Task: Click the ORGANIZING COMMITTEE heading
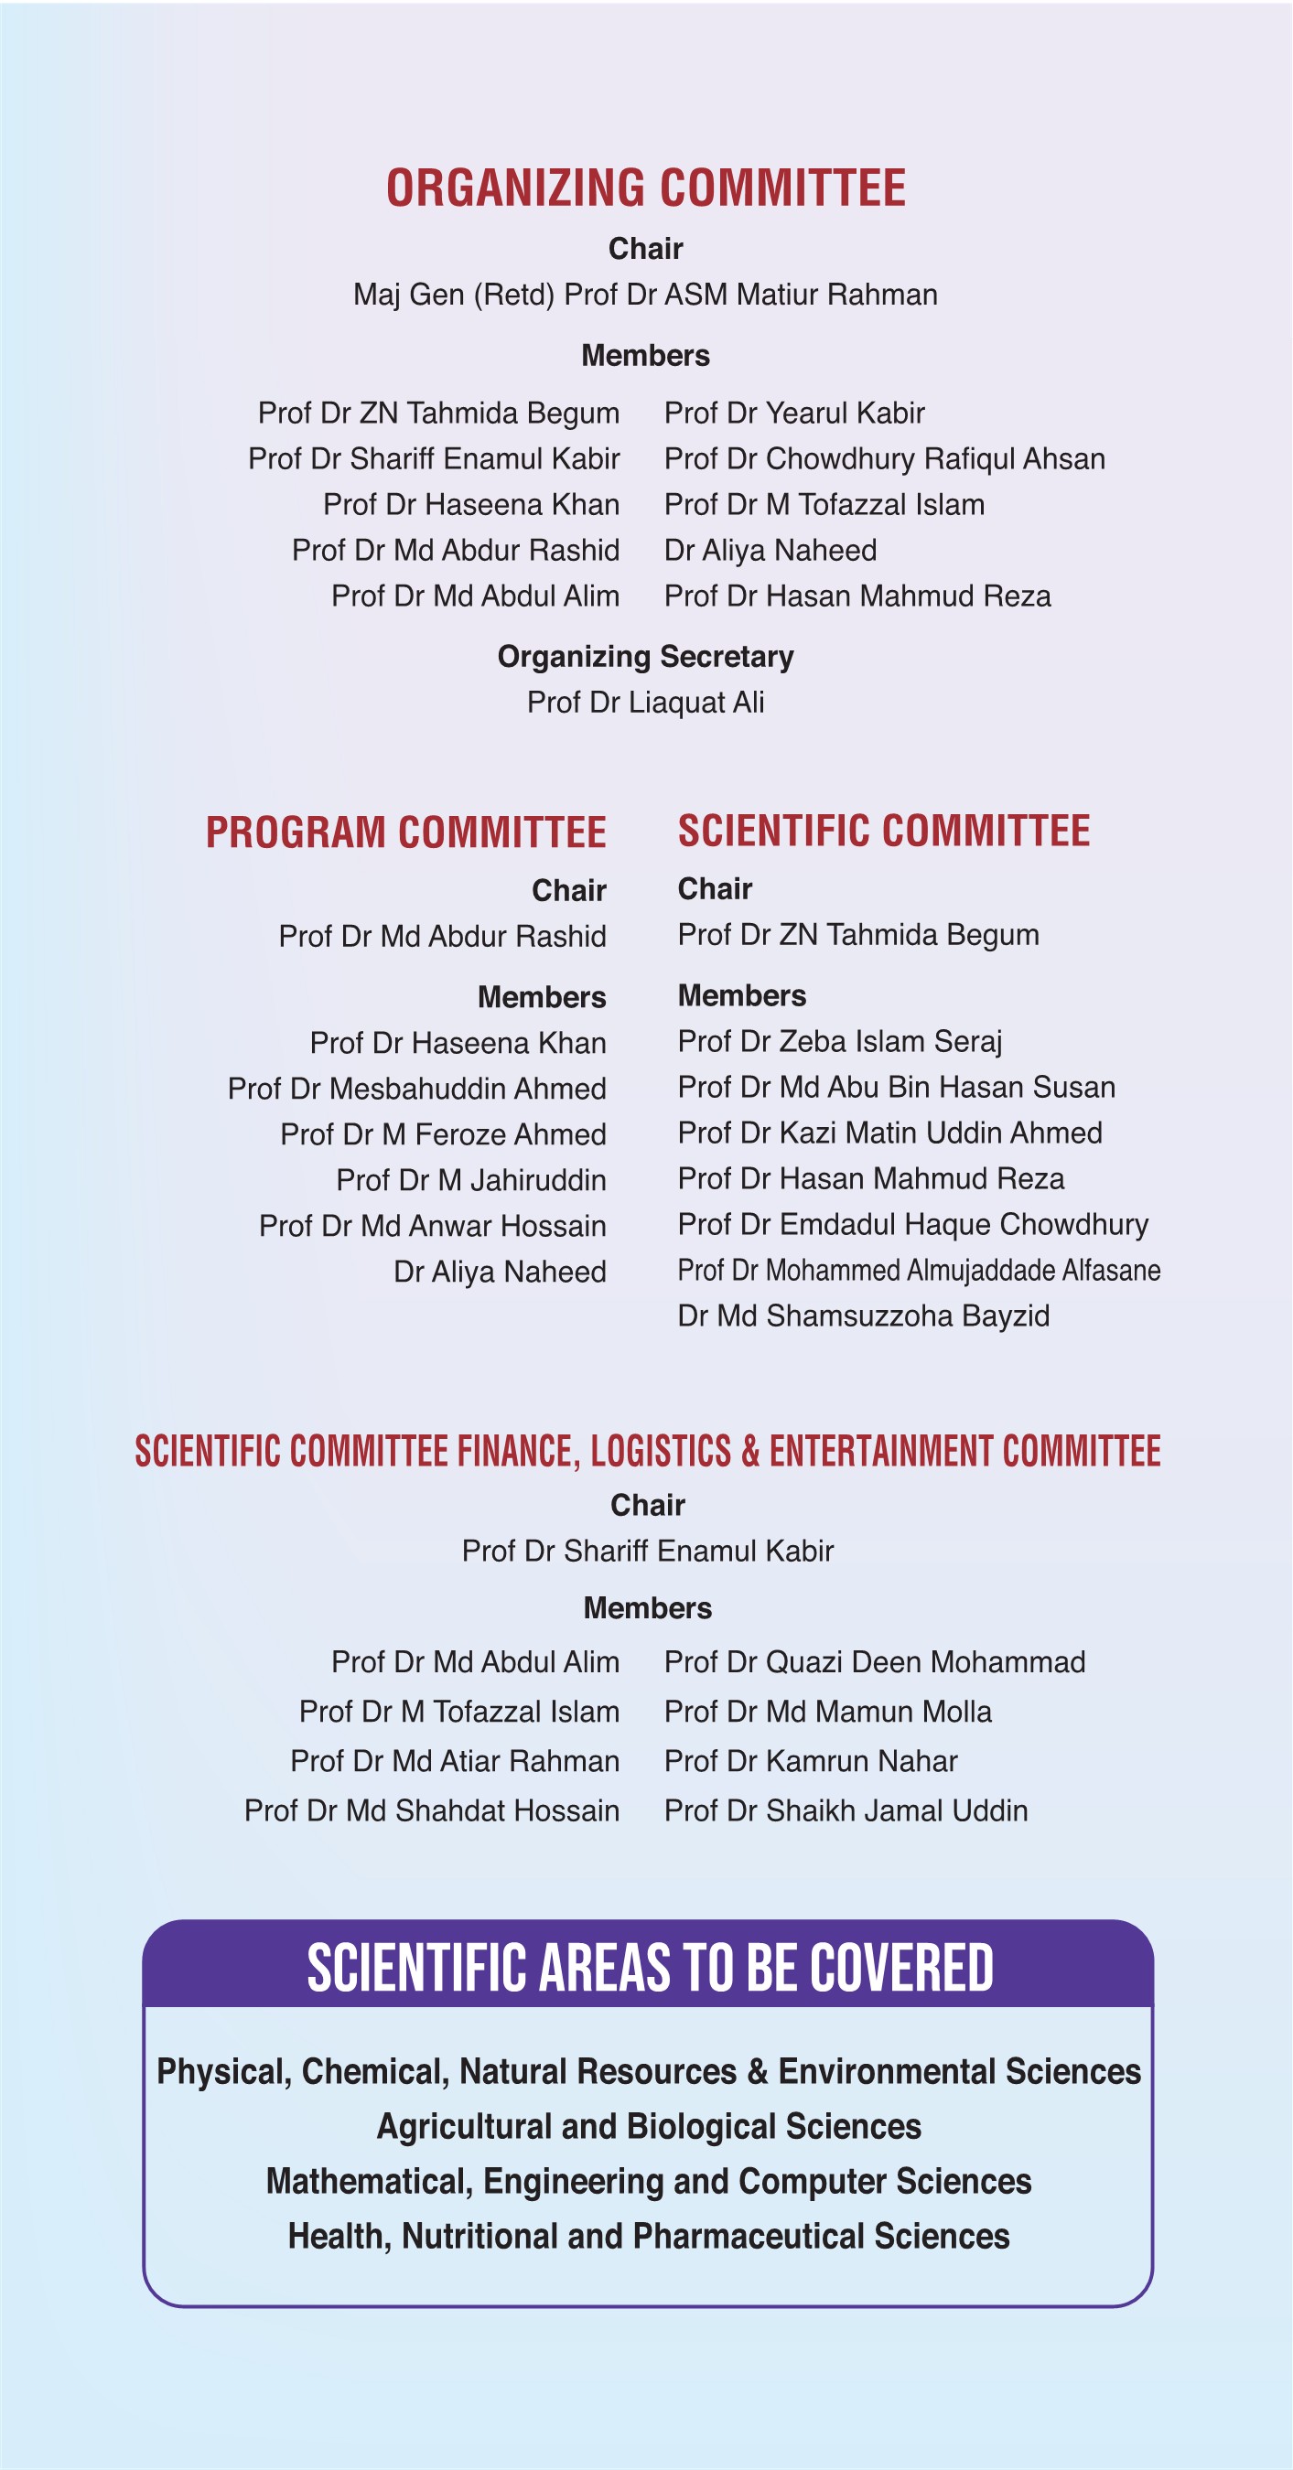click(x=645, y=188)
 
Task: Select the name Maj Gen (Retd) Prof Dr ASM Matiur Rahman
click(x=645, y=295)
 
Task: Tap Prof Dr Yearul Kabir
click(x=794, y=413)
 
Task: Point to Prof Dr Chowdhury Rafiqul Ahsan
click(x=884, y=459)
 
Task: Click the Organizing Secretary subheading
click(x=645, y=657)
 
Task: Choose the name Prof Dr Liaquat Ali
click(x=645, y=703)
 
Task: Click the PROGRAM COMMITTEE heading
click(x=405, y=832)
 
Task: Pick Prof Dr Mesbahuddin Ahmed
click(x=417, y=1090)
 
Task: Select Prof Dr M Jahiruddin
click(x=471, y=1180)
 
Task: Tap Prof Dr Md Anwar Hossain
click(x=433, y=1227)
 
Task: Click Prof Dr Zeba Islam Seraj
click(x=840, y=1041)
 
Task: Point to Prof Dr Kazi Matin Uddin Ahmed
click(x=890, y=1133)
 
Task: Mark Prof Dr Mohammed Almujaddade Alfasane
click(x=919, y=1271)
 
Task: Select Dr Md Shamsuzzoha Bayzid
click(x=863, y=1316)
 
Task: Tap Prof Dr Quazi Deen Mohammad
click(x=875, y=1661)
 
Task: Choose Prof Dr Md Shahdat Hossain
click(x=432, y=1810)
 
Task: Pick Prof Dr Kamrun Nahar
click(x=811, y=1761)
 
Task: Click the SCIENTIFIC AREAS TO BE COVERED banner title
click(x=650, y=1968)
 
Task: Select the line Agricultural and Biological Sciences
click(x=650, y=2127)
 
